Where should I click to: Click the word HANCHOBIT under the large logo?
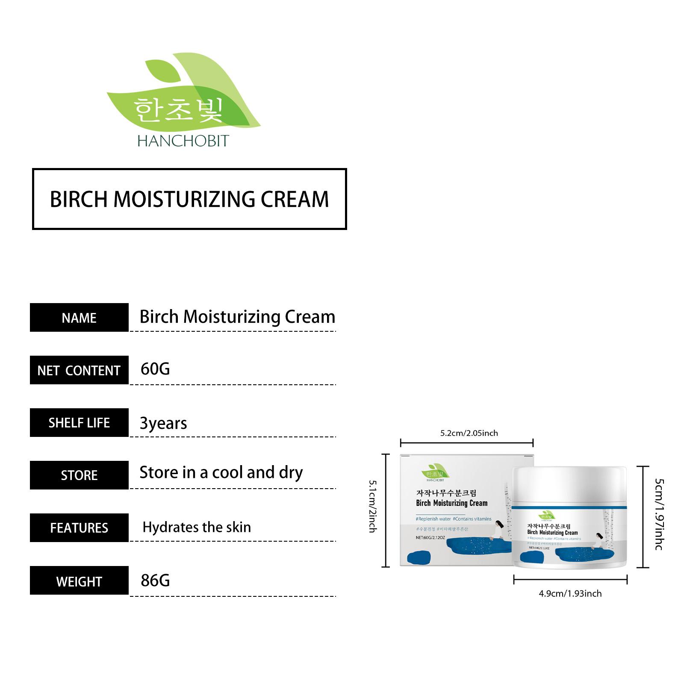[x=183, y=141]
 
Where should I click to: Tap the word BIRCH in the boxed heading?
[x=78, y=199]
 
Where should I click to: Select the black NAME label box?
[x=79, y=318]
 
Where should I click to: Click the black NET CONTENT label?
[x=79, y=370]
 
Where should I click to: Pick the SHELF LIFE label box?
[x=79, y=423]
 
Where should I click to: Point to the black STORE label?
[x=79, y=475]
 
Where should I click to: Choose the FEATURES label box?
[x=79, y=528]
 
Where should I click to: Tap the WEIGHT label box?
[x=79, y=581]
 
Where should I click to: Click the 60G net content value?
[x=155, y=369]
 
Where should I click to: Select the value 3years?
[x=163, y=423]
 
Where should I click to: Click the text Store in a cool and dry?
[x=221, y=473]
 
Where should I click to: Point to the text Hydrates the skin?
[x=197, y=527]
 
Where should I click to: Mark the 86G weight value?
[x=155, y=581]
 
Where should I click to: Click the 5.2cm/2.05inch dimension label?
[x=469, y=433]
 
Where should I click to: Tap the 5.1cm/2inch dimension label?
[x=373, y=506]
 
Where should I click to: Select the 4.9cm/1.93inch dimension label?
[x=570, y=593]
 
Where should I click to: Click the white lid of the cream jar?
[x=569, y=485]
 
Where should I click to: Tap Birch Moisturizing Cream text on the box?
[x=451, y=503]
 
